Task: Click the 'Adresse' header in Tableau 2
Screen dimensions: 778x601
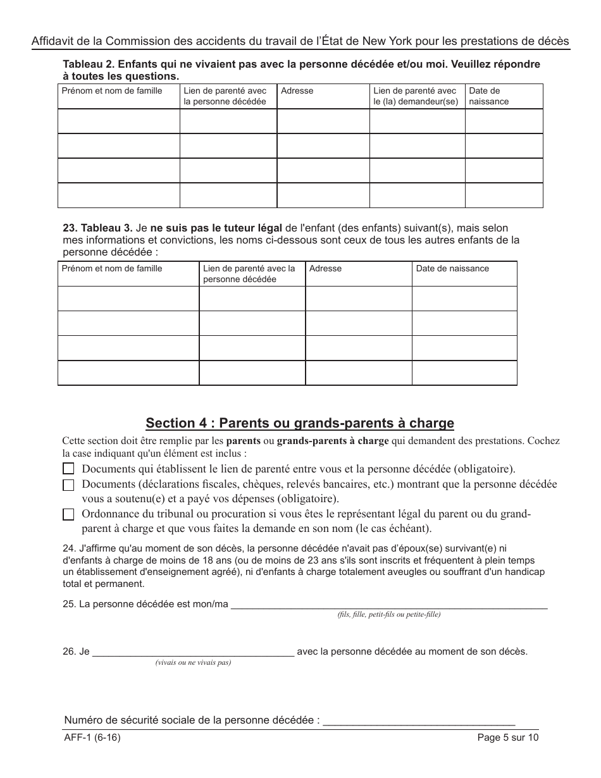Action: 297,91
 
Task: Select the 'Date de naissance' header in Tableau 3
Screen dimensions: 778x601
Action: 452,269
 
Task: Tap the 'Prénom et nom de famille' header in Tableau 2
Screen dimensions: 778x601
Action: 112,91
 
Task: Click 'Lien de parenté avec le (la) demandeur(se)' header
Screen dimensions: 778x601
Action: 416,96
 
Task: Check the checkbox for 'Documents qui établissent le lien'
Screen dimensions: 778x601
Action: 68,469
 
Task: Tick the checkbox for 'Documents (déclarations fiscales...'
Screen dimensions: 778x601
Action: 68,485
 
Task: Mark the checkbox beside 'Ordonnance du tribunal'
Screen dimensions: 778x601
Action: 68,515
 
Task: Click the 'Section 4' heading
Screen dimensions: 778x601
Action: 300,423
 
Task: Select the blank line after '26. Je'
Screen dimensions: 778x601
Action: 193,651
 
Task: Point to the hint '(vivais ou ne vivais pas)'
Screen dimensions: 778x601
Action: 193,663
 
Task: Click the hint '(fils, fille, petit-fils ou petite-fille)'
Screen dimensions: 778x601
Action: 389,615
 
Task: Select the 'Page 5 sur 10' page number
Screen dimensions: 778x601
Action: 509,738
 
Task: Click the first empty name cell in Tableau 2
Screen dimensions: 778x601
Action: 119,121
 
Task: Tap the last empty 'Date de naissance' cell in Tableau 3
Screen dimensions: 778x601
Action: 464,373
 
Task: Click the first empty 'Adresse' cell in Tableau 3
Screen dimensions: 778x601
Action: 359,299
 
